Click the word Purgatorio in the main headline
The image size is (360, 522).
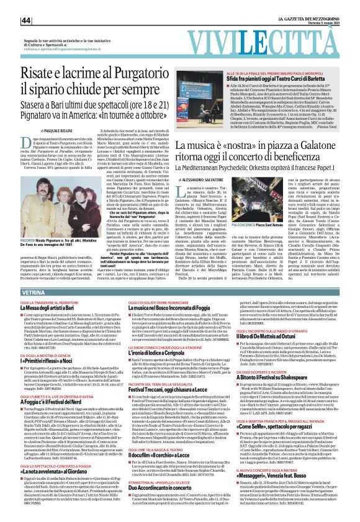point(141,74)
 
